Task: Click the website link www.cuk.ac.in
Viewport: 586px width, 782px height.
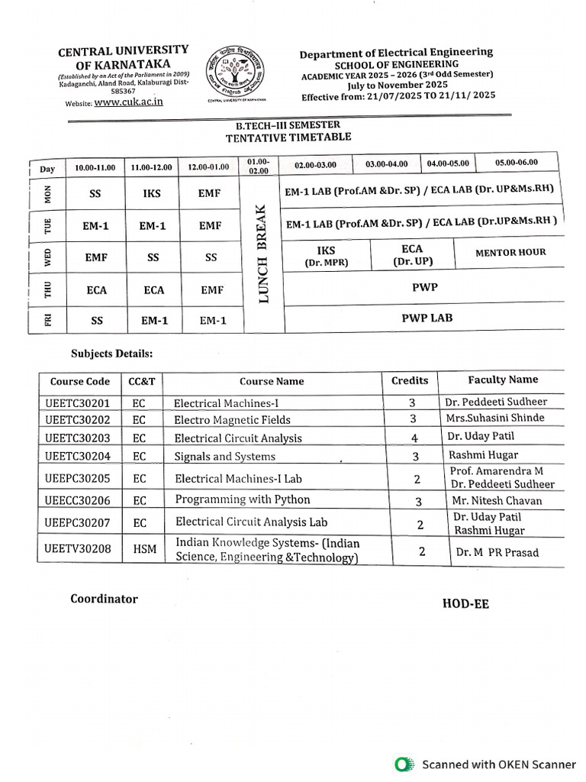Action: [x=129, y=102]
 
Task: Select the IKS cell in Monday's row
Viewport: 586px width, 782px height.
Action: [x=152, y=194]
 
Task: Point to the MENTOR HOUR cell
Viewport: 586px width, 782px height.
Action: [x=510, y=252]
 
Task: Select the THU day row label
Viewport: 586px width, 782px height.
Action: [x=47, y=291]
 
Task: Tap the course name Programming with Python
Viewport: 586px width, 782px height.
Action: [x=243, y=499]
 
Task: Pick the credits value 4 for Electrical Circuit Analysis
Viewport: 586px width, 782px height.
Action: [x=415, y=438]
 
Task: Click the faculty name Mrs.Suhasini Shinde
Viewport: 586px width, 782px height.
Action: [x=495, y=418]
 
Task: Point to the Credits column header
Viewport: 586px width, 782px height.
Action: [x=410, y=380]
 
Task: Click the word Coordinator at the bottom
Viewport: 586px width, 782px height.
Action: [x=105, y=599]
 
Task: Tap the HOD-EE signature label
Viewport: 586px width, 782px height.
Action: [x=465, y=604]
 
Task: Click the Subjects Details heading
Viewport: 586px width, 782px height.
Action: [x=112, y=354]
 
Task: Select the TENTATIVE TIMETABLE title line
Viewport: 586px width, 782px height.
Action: [x=288, y=137]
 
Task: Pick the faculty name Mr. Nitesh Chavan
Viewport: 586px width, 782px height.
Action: [x=497, y=501]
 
